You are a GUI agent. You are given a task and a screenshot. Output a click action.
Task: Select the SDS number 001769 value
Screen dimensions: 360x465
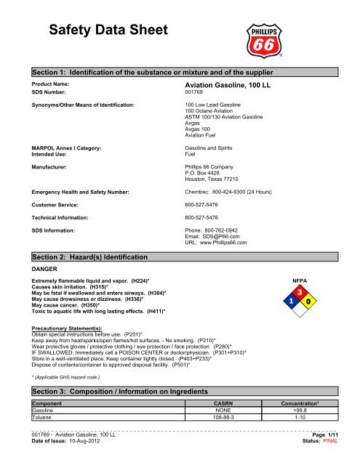(x=195, y=93)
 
